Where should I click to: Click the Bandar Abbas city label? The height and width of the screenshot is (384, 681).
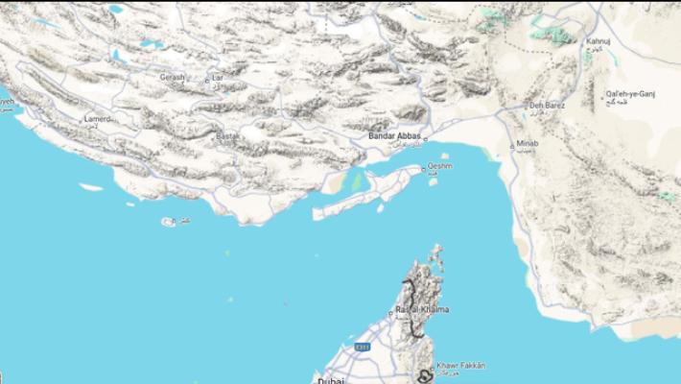pyautogui.click(x=395, y=136)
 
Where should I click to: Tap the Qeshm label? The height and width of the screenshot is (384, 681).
pyautogui.click(x=439, y=166)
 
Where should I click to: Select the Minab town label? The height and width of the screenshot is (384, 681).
pyautogui.click(x=528, y=143)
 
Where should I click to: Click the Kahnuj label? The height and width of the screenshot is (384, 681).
pyautogui.click(x=598, y=41)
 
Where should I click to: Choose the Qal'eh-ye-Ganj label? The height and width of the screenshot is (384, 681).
pyautogui.click(x=628, y=93)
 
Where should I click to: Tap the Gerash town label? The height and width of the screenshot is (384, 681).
pyautogui.click(x=173, y=76)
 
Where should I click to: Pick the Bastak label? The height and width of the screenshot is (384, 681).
pyautogui.click(x=227, y=136)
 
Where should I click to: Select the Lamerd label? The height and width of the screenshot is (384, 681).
pyautogui.click(x=98, y=118)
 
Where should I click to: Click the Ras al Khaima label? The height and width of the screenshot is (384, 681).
pyautogui.click(x=422, y=309)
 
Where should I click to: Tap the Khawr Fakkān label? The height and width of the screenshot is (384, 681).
pyautogui.click(x=460, y=365)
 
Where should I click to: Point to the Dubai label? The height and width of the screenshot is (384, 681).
pyautogui.click(x=331, y=380)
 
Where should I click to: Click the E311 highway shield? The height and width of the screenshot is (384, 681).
pyautogui.click(x=363, y=346)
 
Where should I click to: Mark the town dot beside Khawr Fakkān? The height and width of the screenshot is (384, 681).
pyautogui.click(x=431, y=366)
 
